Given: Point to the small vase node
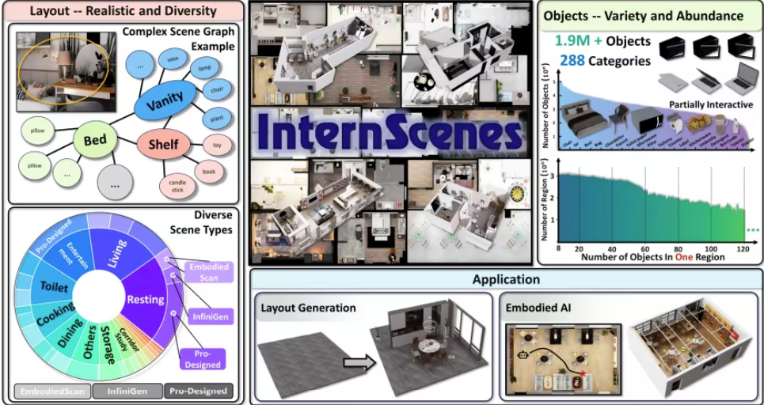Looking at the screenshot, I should pos(171,59).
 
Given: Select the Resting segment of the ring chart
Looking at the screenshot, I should pos(145,299).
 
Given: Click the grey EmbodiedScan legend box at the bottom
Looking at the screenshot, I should pos(51,391).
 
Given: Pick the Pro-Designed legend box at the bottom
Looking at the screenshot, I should pos(198,391).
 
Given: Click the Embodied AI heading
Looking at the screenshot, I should pos(543,308).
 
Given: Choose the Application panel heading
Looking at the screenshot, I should pos(506,279).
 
